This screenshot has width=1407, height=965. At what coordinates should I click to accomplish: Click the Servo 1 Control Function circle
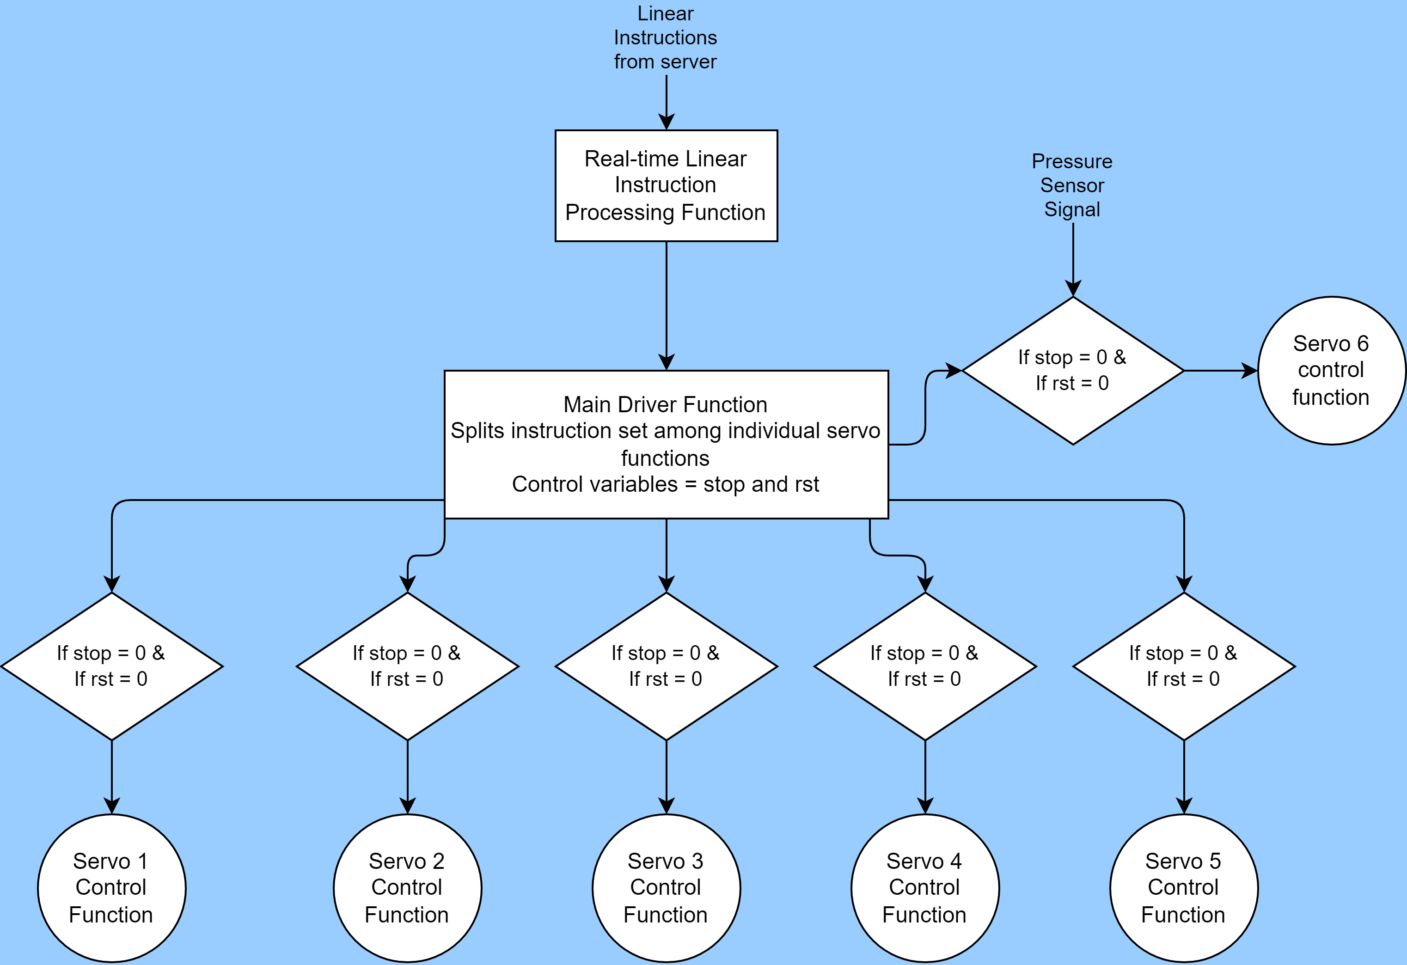click(x=111, y=888)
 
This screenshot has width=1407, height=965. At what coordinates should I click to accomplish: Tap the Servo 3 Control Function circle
click(x=666, y=888)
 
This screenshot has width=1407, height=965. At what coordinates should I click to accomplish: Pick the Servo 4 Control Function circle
click(x=924, y=888)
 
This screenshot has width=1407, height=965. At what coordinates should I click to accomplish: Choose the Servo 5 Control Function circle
click(x=1184, y=888)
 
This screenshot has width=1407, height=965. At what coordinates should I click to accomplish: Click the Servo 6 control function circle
click(x=1331, y=371)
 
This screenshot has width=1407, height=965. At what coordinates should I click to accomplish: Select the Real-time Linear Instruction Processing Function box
click(x=666, y=185)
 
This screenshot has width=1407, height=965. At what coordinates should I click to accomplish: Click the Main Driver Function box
click(x=666, y=444)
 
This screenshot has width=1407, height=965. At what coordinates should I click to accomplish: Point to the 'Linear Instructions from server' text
click(x=665, y=37)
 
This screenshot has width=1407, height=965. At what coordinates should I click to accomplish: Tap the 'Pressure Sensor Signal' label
click(x=1072, y=185)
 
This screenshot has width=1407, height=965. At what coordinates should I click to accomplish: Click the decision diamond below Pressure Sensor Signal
click(x=1073, y=371)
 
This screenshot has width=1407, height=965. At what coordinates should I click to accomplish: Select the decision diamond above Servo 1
click(x=111, y=666)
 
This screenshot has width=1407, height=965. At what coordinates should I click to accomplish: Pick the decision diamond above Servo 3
click(x=666, y=666)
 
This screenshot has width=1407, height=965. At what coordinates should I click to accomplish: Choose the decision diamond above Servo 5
click(x=1184, y=666)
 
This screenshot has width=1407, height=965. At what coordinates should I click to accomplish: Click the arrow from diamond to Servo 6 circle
click(x=1220, y=371)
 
